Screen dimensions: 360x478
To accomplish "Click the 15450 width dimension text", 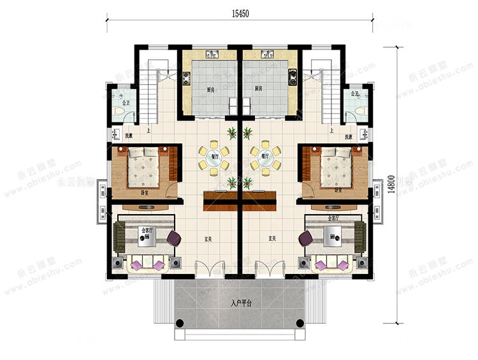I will (x=238, y=12).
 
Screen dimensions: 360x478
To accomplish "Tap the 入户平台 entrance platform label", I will (x=240, y=302).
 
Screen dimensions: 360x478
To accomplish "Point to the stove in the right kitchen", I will (x=293, y=77).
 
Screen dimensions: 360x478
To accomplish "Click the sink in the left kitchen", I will (x=212, y=54).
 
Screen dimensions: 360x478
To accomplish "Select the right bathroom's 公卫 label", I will (x=354, y=95).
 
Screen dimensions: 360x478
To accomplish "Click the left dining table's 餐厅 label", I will (x=211, y=154).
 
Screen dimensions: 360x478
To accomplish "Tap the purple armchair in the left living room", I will (x=174, y=239).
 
